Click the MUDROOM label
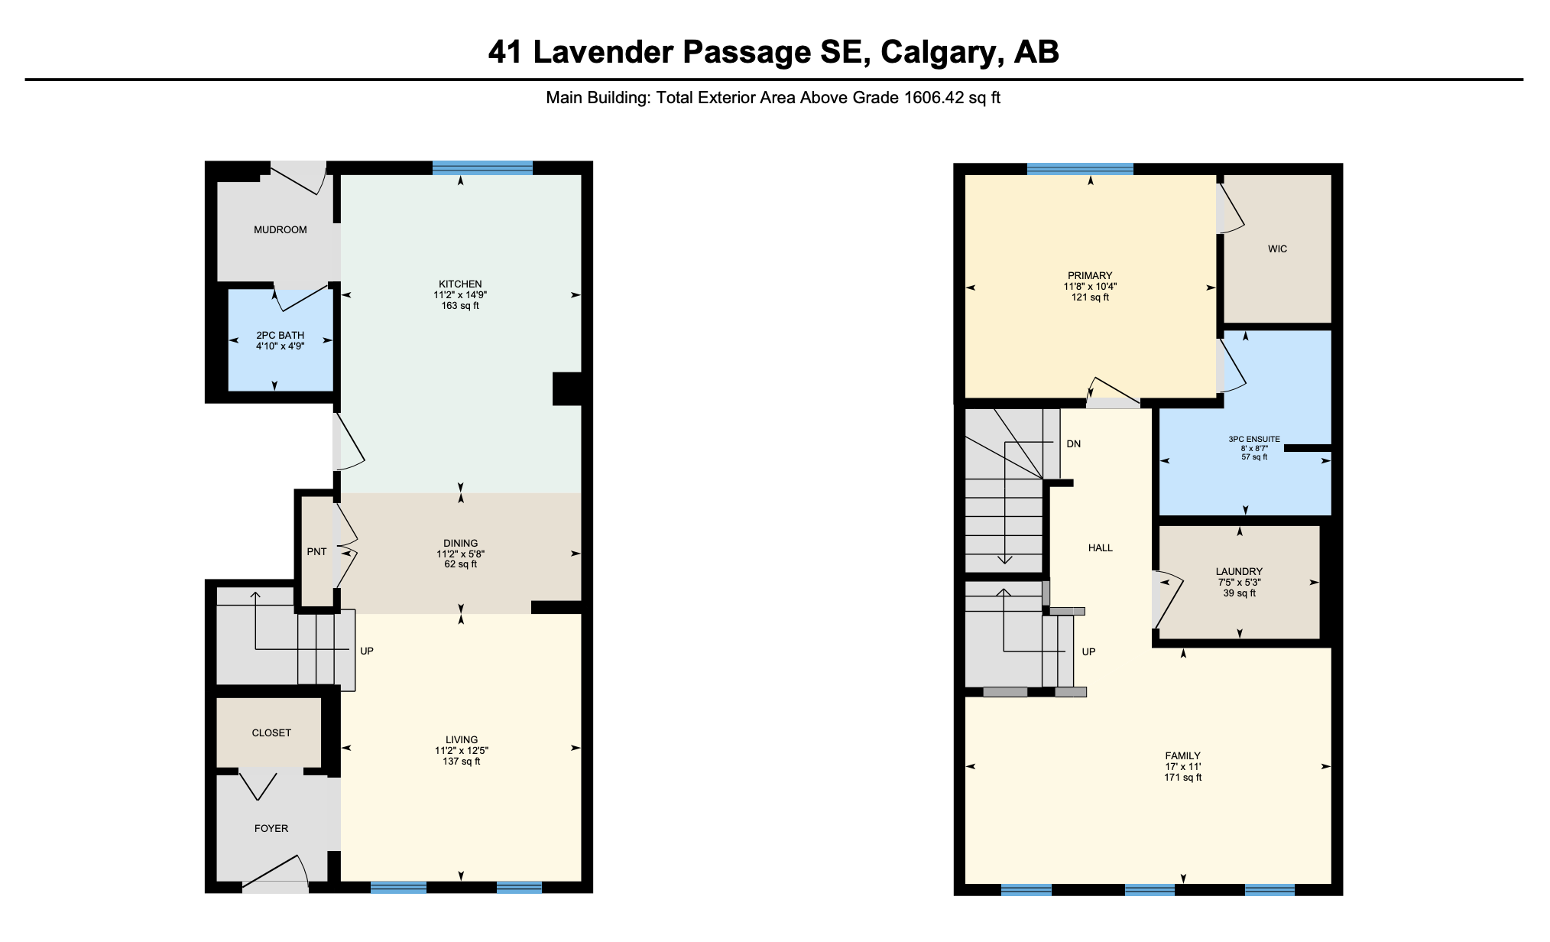coord(280,229)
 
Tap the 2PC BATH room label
coord(280,335)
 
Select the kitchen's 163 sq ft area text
coord(460,305)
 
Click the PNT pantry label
coord(316,551)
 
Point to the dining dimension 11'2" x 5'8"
coord(460,554)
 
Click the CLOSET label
coord(271,732)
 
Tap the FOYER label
coord(271,828)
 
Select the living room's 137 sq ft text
coord(462,761)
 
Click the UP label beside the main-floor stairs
coord(367,651)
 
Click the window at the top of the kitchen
coord(482,168)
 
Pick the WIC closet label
coord(1277,248)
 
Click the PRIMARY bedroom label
coord(1090,275)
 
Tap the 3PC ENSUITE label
coord(1254,439)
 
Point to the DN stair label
coord(1074,443)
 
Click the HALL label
coord(1101,547)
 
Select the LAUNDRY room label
coord(1239,571)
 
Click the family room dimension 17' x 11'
coord(1183,766)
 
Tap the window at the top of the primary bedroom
coord(1080,170)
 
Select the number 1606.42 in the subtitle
coord(931,98)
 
